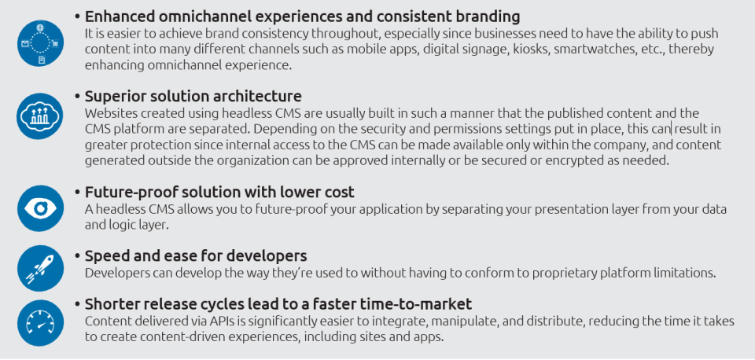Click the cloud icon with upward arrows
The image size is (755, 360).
point(40,116)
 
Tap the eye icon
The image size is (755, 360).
point(40,208)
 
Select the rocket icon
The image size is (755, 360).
point(40,269)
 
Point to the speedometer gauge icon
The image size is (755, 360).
point(40,323)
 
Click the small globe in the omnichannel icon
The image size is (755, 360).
point(40,28)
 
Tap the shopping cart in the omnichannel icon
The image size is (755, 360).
point(55,43)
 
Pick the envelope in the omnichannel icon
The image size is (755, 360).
point(25,44)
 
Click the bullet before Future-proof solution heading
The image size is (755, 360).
point(78,193)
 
